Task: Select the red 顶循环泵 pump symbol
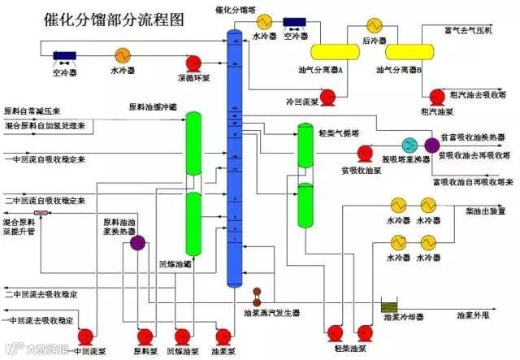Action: pyautogui.click(x=193, y=63)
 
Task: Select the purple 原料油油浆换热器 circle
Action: pyautogui.click(x=136, y=241)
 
